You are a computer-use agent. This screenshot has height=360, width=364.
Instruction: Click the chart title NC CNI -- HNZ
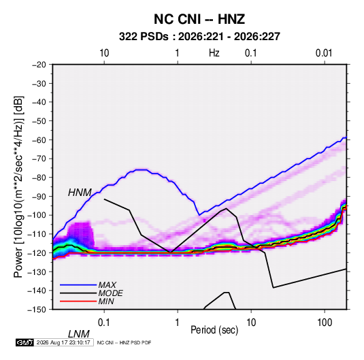pyautogui.click(x=199, y=19)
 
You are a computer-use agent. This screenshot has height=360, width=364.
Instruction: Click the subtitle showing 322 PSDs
pyautogui.click(x=199, y=37)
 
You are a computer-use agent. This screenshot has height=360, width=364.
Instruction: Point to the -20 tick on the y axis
pyautogui.click(x=39, y=65)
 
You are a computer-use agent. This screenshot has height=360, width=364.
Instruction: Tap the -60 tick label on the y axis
pyautogui.click(x=39, y=140)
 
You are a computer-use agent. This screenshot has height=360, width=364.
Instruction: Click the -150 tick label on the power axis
pyautogui.click(x=37, y=310)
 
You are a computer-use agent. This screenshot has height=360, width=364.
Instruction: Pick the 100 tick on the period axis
pyautogui.click(x=325, y=323)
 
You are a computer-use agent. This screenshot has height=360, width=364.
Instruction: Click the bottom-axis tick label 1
pyautogui.click(x=178, y=323)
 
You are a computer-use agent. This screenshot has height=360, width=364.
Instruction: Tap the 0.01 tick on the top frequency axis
pyautogui.click(x=324, y=53)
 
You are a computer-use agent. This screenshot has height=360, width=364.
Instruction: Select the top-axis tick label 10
pyautogui.click(x=104, y=53)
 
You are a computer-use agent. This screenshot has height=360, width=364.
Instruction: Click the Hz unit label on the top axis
pyautogui.click(x=214, y=53)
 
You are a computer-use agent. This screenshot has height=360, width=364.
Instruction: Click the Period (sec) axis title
pyautogui.click(x=214, y=330)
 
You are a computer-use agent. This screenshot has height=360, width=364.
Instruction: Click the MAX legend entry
pyautogui.click(x=107, y=284)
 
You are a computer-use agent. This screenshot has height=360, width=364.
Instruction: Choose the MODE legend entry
pyautogui.click(x=110, y=293)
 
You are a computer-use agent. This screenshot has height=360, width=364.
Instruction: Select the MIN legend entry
pyautogui.click(x=106, y=301)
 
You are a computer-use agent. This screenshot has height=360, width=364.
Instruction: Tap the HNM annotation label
pyautogui.click(x=80, y=193)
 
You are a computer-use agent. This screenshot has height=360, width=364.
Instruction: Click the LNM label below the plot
pyautogui.click(x=78, y=334)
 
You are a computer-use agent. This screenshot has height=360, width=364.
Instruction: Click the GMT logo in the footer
pyautogui.click(x=25, y=342)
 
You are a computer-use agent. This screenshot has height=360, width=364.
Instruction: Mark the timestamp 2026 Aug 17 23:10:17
pyautogui.click(x=63, y=342)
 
